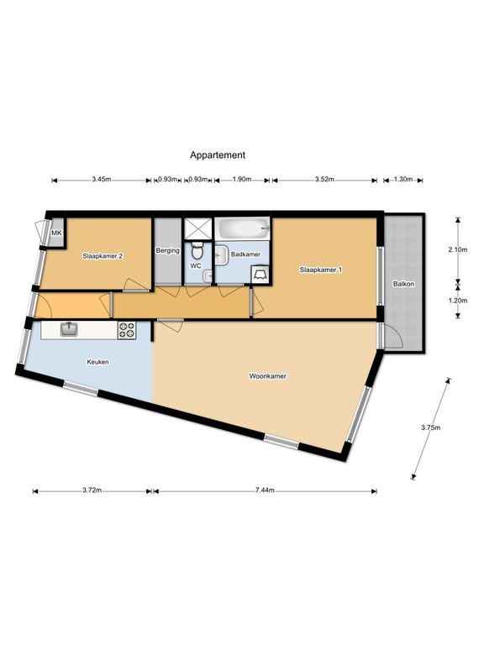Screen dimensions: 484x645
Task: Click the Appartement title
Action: pyautogui.click(x=218, y=155)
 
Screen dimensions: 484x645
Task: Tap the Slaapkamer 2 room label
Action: pyautogui.click(x=103, y=256)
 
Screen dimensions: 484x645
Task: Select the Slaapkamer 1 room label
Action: pyautogui.click(x=321, y=270)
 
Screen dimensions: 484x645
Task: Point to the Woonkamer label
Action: pyautogui.click(x=267, y=376)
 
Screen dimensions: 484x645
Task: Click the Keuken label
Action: pyautogui.click(x=97, y=362)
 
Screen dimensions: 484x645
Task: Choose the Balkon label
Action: pyautogui.click(x=403, y=284)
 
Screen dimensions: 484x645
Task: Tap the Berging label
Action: pyautogui.click(x=167, y=250)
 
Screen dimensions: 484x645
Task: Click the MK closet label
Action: pyautogui.click(x=56, y=233)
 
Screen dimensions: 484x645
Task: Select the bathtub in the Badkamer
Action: pyautogui.click(x=243, y=228)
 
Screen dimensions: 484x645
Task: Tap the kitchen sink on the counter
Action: pyautogui.click(x=69, y=329)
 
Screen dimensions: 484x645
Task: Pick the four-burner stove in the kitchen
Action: pyautogui.click(x=127, y=330)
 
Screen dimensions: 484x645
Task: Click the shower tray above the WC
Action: pyautogui.click(x=197, y=228)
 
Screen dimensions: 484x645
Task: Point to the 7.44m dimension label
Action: pyautogui.click(x=265, y=490)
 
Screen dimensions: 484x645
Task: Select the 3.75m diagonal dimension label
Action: pyautogui.click(x=430, y=427)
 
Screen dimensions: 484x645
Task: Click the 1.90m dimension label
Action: pyautogui.click(x=242, y=180)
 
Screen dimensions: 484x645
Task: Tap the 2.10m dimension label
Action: pyautogui.click(x=458, y=249)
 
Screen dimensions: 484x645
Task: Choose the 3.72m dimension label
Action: pyautogui.click(x=92, y=490)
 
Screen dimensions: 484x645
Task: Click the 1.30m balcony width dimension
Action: pyautogui.click(x=403, y=180)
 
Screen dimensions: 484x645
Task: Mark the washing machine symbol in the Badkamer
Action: pyautogui.click(x=260, y=275)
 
